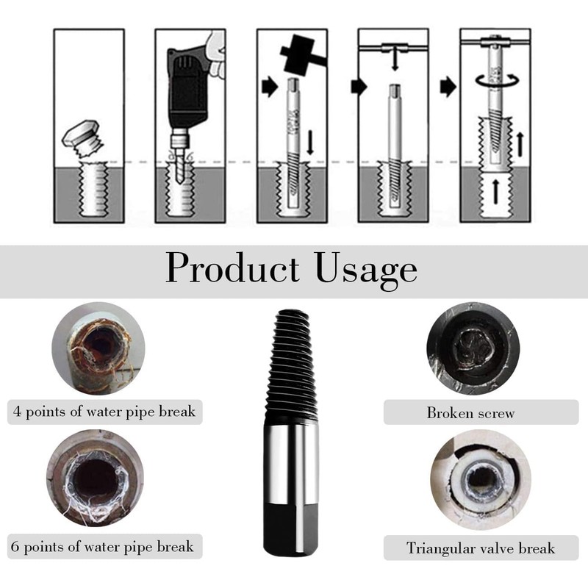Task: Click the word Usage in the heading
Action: (x=366, y=269)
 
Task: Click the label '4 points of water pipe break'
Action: (x=104, y=411)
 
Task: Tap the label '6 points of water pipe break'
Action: (x=103, y=546)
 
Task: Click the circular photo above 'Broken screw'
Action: (x=473, y=348)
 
